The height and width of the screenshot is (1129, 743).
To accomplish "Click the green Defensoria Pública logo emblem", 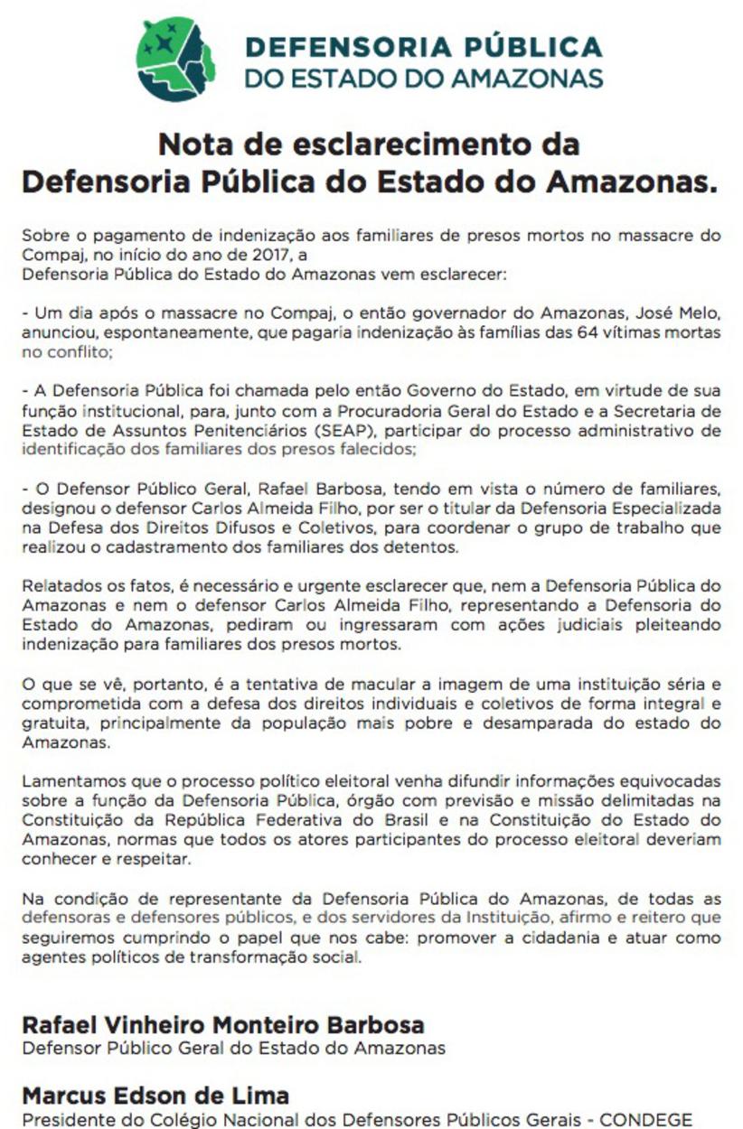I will pos(175,59).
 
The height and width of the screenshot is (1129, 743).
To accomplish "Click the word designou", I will pos(55,509).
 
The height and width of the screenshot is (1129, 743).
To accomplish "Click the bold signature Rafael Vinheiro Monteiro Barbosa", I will pos(223,1026).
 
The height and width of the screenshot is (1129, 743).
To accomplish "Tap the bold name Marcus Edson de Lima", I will pos(155,1096).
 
